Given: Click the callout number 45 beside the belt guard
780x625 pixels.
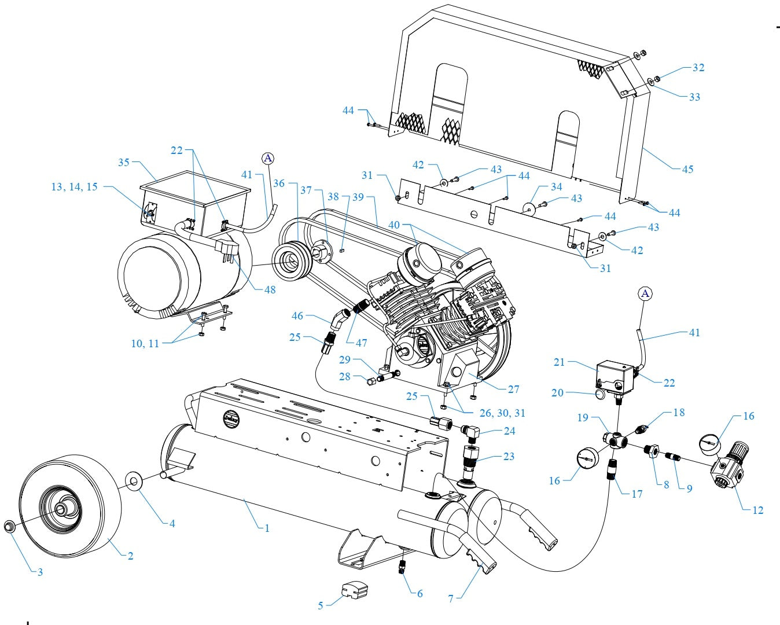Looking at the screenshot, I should pyautogui.click(x=687, y=170).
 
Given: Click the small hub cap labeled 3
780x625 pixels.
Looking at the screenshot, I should pyautogui.click(x=10, y=527).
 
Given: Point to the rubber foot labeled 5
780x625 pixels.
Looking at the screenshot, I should pyautogui.click(x=355, y=591).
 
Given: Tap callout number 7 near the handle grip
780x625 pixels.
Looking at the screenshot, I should pyautogui.click(x=451, y=599).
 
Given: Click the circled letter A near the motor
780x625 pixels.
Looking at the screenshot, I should pyautogui.click(x=267, y=158).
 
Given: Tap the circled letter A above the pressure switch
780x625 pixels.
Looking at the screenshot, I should pyautogui.click(x=646, y=294).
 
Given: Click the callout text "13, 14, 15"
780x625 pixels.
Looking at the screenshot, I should pyautogui.click(x=74, y=187).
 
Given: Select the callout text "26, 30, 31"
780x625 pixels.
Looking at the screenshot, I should pyautogui.click(x=503, y=413).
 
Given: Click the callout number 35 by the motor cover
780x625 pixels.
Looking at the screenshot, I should pyautogui.click(x=124, y=163).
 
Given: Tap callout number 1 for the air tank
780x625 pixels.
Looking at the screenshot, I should pyautogui.click(x=267, y=528).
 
